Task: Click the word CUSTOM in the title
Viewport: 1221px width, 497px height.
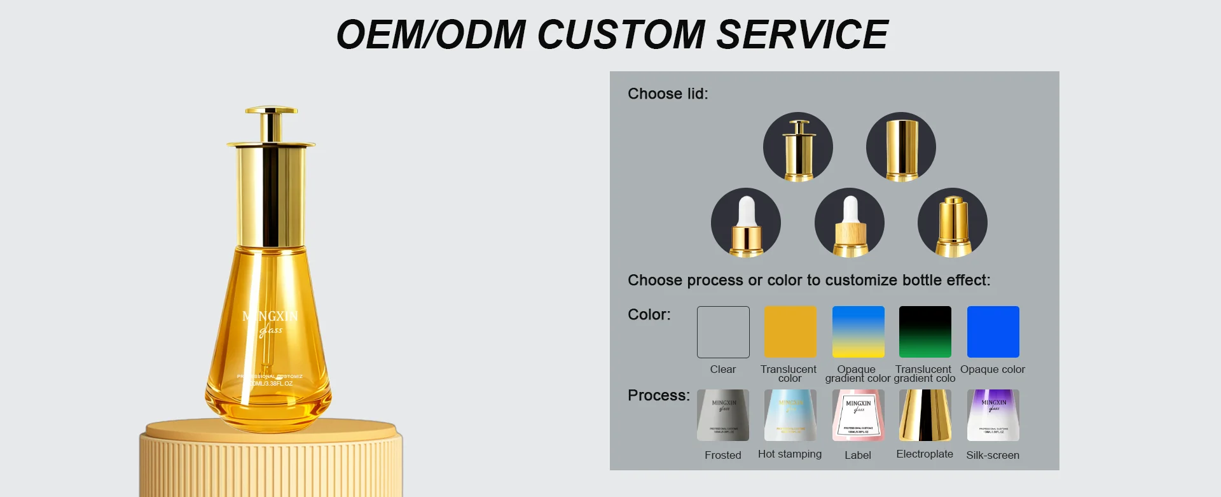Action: click(x=621, y=34)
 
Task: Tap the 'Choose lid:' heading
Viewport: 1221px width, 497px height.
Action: click(x=668, y=94)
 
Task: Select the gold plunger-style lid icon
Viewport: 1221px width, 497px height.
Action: click(x=798, y=147)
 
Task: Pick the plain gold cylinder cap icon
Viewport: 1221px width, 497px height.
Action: click(x=901, y=147)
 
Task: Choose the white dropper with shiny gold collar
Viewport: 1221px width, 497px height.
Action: click(x=746, y=223)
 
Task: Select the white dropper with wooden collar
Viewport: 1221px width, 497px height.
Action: click(x=850, y=223)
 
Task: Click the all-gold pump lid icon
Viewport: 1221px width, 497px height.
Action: click(x=953, y=223)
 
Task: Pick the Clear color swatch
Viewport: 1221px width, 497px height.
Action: click(x=723, y=332)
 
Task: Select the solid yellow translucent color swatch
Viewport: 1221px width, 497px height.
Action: click(x=790, y=332)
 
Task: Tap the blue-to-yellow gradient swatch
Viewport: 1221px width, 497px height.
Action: click(x=858, y=332)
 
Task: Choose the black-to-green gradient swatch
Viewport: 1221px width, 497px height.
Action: click(x=925, y=332)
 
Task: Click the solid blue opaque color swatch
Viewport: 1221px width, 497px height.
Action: click(x=993, y=332)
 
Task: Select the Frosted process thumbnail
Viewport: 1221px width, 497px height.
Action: click(x=723, y=416)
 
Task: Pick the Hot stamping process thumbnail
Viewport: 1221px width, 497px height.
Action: click(x=790, y=416)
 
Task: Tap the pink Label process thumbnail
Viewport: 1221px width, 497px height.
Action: click(x=858, y=416)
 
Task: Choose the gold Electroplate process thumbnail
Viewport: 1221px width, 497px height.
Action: click(x=925, y=416)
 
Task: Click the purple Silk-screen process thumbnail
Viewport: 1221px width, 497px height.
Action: click(x=993, y=416)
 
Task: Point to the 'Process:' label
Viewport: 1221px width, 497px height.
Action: click(x=658, y=396)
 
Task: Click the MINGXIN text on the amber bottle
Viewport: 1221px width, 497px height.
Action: click(x=270, y=316)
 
